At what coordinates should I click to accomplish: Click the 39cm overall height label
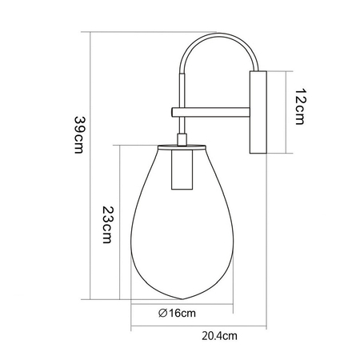[79, 135]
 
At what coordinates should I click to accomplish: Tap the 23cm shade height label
[107, 225]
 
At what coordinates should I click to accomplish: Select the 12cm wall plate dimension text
[300, 106]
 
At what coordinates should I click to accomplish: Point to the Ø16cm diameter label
[177, 313]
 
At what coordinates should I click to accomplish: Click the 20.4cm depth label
[219, 336]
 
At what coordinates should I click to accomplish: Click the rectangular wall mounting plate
[258, 112]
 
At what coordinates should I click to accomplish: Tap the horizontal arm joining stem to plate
[210, 112]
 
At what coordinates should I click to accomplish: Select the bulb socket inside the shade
[182, 170]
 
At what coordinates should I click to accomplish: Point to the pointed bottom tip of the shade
[182, 299]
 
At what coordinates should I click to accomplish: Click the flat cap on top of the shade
[182, 147]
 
